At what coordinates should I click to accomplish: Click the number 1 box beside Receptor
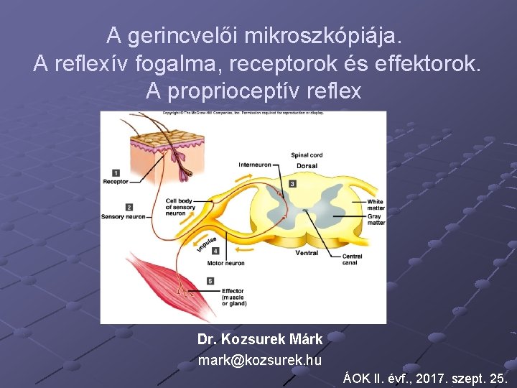(116, 172)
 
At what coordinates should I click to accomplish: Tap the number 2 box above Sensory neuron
(129, 207)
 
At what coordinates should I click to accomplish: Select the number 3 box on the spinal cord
(292, 184)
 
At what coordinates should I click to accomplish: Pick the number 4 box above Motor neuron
(216, 251)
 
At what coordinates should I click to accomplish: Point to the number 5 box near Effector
(210, 281)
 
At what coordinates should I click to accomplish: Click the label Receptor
(116, 182)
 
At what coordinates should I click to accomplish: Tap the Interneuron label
(255, 165)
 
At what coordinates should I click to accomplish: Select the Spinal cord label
(307, 155)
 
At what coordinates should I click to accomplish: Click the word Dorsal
(306, 166)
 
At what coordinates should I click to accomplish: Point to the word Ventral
(307, 253)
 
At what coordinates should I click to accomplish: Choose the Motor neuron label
(225, 263)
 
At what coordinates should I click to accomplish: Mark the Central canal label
(352, 259)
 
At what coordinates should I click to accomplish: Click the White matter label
(376, 205)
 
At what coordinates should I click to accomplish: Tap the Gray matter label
(376, 220)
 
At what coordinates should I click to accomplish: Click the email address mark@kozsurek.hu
(260, 360)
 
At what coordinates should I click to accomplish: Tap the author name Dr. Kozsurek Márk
(260, 338)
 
